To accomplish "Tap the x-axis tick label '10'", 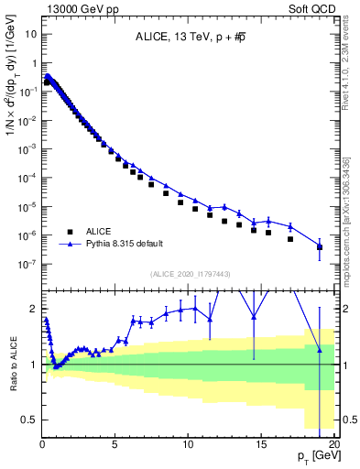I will coord(188,442).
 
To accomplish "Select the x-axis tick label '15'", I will coord(261,442).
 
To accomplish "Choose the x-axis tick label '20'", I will coord(333,442).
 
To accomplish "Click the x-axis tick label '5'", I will coord(115,442).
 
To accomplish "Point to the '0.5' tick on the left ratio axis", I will coord(28,419).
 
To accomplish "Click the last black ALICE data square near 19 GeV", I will coord(320,247).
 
